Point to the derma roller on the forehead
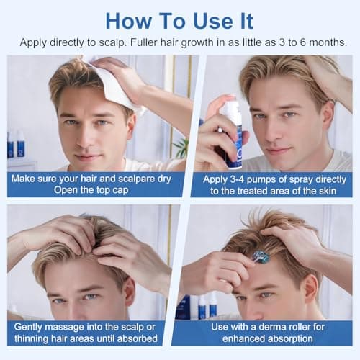(x=260, y=257)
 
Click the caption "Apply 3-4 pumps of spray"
(x=271, y=184)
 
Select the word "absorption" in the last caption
(x=291, y=338)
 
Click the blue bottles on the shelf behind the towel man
(x=15, y=145)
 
